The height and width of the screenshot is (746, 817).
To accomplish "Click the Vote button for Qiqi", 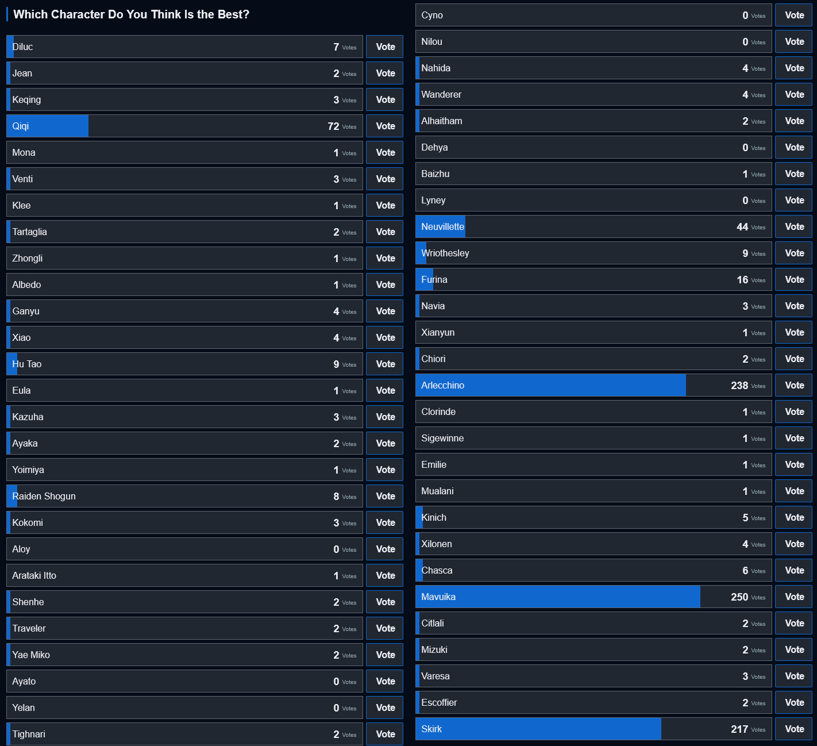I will [385, 126].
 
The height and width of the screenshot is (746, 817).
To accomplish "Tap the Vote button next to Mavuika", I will [794, 597].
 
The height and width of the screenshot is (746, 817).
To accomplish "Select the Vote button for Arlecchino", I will [794, 385].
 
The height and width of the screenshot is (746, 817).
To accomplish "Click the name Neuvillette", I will [442, 226].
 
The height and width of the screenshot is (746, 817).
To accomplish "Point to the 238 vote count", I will [739, 386].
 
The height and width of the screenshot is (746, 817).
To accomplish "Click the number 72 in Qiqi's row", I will [333, 126].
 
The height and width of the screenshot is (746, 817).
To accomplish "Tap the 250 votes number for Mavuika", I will [739, 597].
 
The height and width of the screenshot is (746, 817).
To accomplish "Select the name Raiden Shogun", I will [44, 496].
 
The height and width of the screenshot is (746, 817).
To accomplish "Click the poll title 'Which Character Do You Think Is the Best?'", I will [132, 14].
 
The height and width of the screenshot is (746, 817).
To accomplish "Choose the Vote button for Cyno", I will [794, 15].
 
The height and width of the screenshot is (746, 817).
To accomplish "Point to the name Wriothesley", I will [445, 253].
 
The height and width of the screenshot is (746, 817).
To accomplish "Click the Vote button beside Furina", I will [794, 279].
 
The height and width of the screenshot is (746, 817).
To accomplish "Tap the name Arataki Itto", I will [34, 575].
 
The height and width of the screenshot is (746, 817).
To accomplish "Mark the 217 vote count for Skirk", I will [739, 729].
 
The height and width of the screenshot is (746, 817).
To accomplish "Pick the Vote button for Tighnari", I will [385, 734].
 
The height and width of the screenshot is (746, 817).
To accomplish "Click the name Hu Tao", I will [27, 364].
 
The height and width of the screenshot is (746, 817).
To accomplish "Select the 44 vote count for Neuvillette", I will [742, 227].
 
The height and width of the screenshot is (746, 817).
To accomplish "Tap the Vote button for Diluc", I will [385, 47].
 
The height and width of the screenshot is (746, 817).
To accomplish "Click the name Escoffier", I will [439, 702].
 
